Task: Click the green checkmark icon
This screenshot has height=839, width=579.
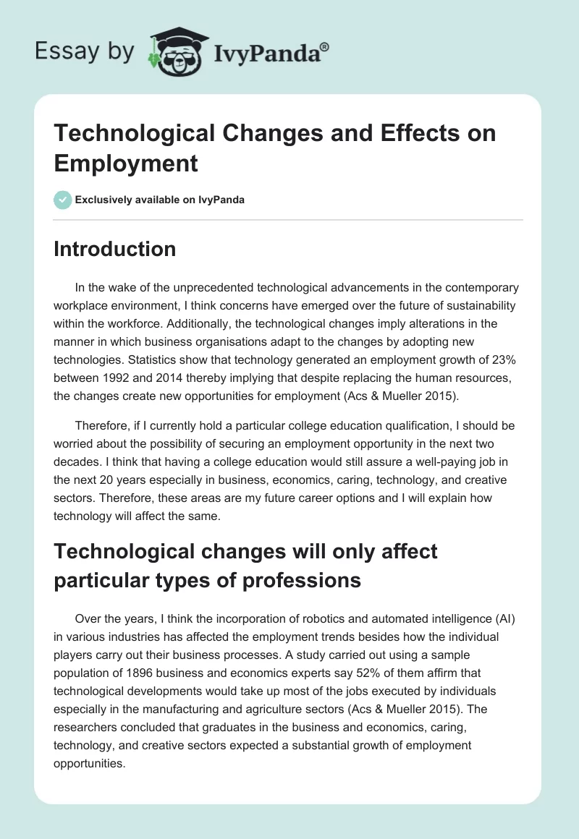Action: pos(63,200)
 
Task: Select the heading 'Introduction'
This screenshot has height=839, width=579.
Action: pos(115,250)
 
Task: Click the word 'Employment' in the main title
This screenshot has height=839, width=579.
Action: pos(126,163)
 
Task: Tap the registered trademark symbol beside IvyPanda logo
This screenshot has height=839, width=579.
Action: pos(325,46)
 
